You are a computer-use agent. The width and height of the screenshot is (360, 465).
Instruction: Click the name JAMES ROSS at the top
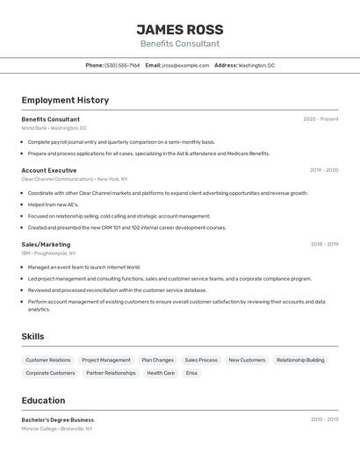pos(180,30)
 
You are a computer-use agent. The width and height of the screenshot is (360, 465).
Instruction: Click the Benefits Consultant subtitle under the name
pos(180,44)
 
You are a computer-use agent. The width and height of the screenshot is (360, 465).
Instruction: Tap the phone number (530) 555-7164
pos(122,65)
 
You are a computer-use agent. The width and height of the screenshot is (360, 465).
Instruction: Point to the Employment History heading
pos(65,100)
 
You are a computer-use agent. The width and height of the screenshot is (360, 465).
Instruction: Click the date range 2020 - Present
pos(320,119)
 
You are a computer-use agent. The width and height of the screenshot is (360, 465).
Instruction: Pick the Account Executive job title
pos(49,170)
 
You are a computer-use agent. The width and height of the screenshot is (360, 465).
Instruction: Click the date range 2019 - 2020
pos(323,170)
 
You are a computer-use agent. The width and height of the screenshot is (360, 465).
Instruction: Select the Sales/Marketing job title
pos(46,245)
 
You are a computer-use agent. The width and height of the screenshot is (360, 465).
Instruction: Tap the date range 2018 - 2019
pos(323,245)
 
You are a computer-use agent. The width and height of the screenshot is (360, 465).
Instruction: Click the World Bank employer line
pos(54,128)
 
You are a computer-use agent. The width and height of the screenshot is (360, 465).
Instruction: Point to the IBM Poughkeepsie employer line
pos(49,254)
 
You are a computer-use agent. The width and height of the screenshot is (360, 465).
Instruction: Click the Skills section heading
pos(32,337)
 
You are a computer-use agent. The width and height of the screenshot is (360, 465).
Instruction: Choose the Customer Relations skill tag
pos(48,360)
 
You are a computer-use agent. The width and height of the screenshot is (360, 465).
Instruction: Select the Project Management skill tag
pos(106,360)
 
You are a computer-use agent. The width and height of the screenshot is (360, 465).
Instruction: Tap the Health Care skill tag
pos(161,373)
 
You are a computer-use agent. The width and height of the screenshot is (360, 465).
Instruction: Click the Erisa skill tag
pos(191,373)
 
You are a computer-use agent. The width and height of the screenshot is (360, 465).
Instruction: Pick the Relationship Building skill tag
pos(300,360)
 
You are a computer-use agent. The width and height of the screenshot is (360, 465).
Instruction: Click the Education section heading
pos(43,401)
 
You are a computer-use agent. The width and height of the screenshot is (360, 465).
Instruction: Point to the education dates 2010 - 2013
pos(324,419)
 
